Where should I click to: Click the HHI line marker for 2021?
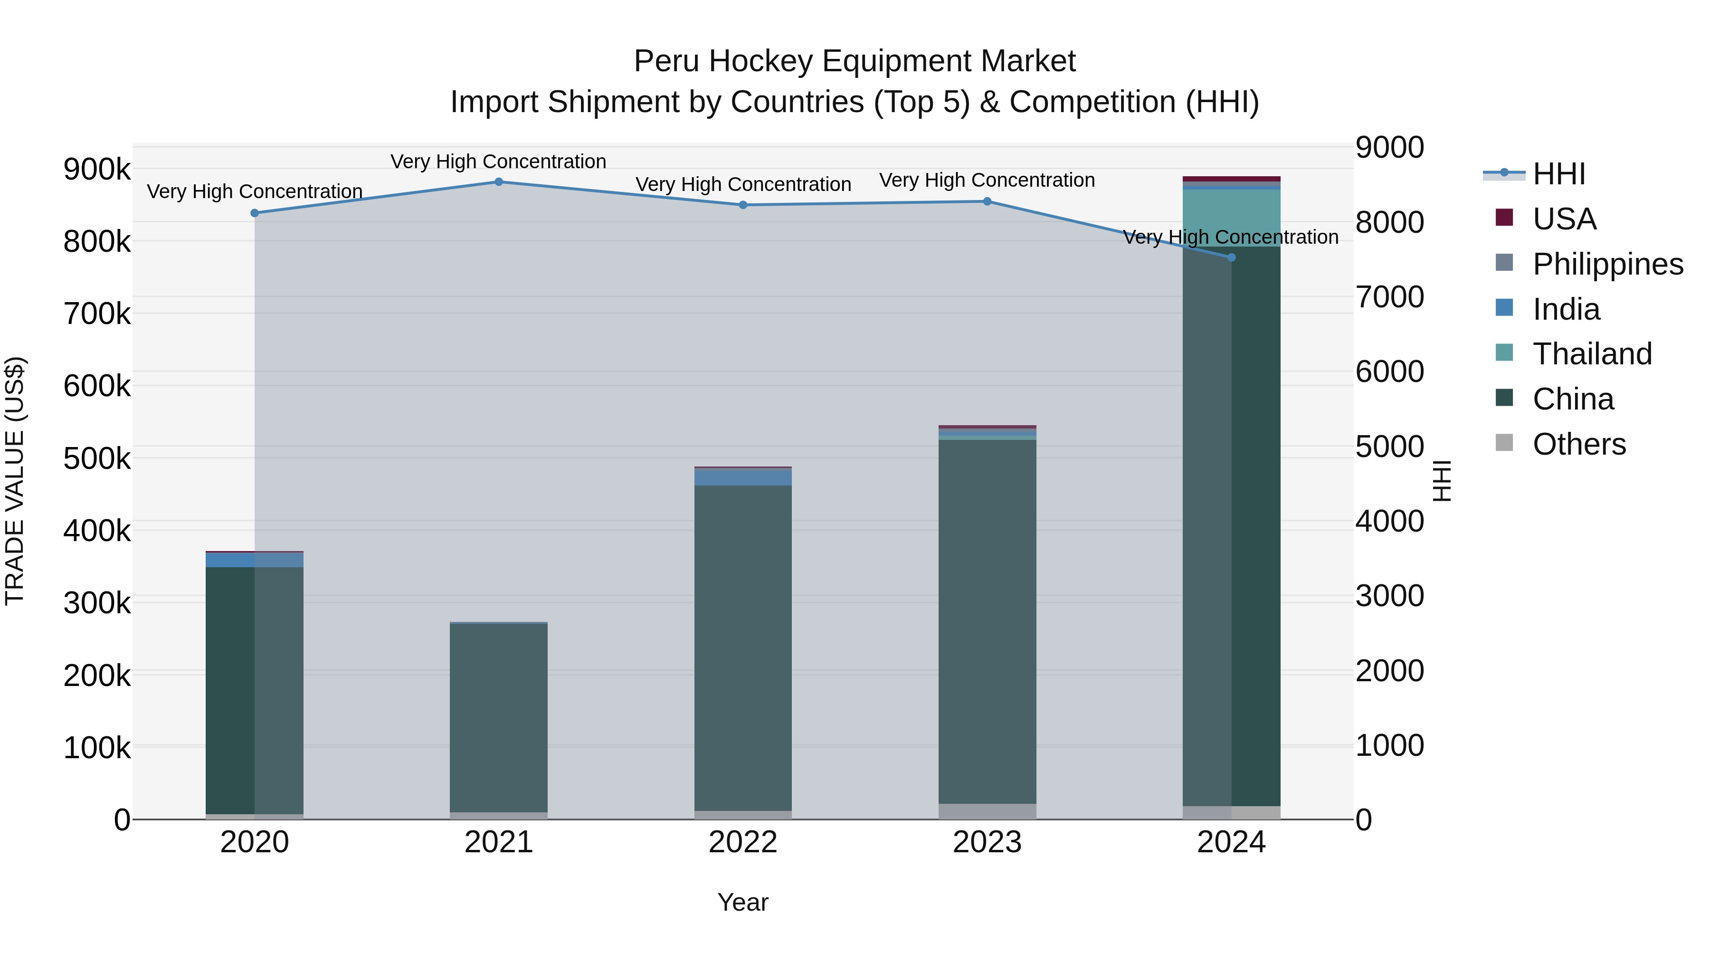499,182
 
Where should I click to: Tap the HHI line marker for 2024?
1231,257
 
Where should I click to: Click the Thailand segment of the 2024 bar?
1231,218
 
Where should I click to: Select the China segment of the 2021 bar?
499,717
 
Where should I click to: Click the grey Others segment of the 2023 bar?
987,811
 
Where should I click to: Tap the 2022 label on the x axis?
743,842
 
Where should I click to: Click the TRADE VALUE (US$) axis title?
15,481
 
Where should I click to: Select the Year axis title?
743,902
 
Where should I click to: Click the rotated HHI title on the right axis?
1442,481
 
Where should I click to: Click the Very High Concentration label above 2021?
499,162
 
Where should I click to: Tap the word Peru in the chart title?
666,61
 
